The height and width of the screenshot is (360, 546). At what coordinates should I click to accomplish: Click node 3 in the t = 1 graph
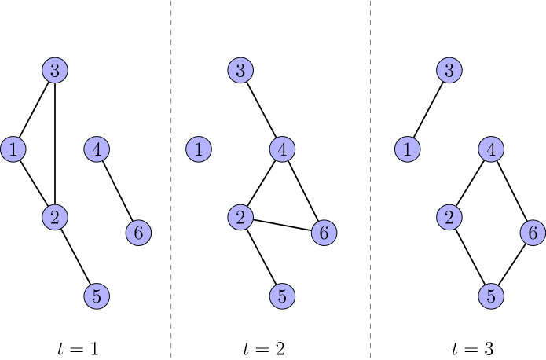pyautogui.click(x=54, y=71)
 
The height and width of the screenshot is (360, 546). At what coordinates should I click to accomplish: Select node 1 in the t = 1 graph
pyautogui.click(x=13, y=149)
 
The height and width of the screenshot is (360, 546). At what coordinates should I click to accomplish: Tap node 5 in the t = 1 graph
pyautogui.click(x=96, y=296)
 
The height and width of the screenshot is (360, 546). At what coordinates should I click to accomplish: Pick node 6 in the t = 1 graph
pyautogui.click(x=137, y=233)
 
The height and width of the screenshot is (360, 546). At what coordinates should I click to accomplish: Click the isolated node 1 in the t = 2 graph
pyautogui.click(x=199, y=149)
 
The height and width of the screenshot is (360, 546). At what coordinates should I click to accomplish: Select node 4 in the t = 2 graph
pyautogui.click(x=281, y=149)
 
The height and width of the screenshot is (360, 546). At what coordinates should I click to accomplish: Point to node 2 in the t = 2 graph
pyautogui.click(x=240, y=217)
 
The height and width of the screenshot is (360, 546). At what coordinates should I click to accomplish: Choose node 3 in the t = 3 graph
pyautogui.click(x=448, y=71)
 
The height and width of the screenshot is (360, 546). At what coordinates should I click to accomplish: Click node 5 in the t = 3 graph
pyautogui.click(x=490, y=296)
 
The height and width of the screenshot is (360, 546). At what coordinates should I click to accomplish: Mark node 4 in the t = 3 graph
pyautogui.click(x=490, y=149)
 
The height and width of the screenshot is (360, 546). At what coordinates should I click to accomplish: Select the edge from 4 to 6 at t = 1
pyautogui.click(x=116, y=190)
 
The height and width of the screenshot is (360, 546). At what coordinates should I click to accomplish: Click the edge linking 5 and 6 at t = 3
pyautogui.click(x=511, y=265)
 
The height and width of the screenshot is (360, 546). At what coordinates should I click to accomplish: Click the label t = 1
pyautogui.click(x=77, y=347)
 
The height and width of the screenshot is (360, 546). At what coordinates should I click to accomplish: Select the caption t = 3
pyautogui.click(x=472, y=347)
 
